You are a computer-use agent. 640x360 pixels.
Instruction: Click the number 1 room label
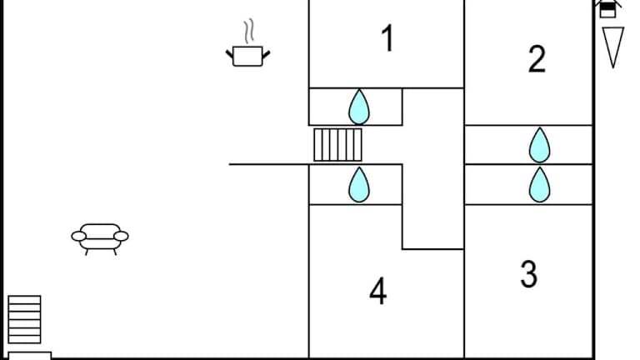point(387,39)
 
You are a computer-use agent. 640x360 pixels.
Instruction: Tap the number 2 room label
point(537,59)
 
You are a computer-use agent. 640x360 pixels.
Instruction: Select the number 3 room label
point(528,273)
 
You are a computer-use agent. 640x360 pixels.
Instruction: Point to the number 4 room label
point(378,292)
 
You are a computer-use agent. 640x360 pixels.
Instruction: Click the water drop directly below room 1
point(359,107)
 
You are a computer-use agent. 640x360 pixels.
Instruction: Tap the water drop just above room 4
point(359,185)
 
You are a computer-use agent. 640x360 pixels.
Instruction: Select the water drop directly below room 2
point(540,146)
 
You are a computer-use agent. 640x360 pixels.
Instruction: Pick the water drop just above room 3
point(540,185)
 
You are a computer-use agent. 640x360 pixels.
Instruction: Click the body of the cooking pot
point(247,57)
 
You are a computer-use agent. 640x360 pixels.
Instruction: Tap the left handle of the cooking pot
point(230,54)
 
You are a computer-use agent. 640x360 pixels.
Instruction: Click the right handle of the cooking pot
point(266,54)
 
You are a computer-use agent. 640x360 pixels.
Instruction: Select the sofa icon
point(100,237)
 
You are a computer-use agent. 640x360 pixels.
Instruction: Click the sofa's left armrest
point(79,237)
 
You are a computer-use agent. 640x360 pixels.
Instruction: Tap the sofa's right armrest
point(121,237)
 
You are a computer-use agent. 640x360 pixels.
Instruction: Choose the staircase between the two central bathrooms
point(338,145)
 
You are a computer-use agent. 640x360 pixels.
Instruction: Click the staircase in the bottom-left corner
point(24,319)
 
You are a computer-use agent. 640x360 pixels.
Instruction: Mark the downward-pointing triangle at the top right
point(613,47)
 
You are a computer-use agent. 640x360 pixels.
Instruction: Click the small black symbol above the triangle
point(609,8)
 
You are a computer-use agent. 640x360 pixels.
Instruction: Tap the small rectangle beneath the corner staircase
point(29,355)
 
